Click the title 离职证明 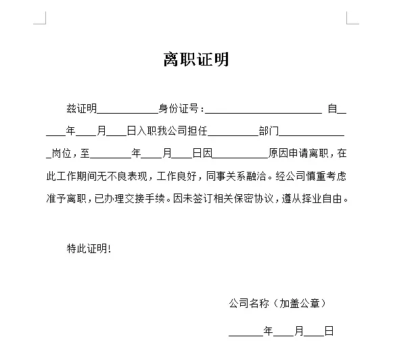pyautogui.click(x=196, y=60)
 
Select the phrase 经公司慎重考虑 pyautogui.click(x=311, y=177)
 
